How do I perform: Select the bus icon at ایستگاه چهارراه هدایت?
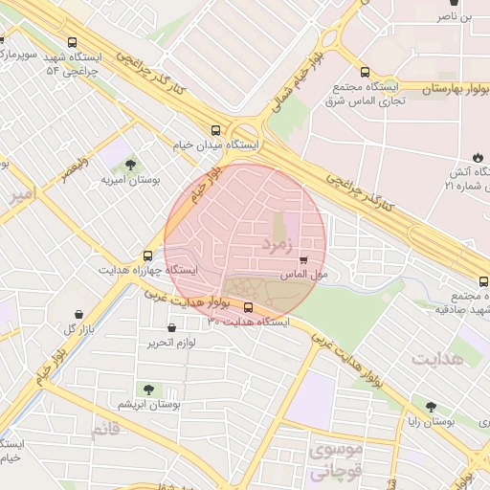coord(147,256)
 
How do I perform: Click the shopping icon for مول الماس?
coord(304,259)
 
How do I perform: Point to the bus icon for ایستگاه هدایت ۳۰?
coord(249,307)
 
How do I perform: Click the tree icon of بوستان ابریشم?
coord(147,390)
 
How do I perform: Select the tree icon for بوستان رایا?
coord(433,406)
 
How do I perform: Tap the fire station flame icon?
coord(478,157)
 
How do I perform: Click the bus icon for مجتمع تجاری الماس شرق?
coord(364,72)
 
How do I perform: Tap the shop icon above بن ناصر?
coord(466,3)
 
